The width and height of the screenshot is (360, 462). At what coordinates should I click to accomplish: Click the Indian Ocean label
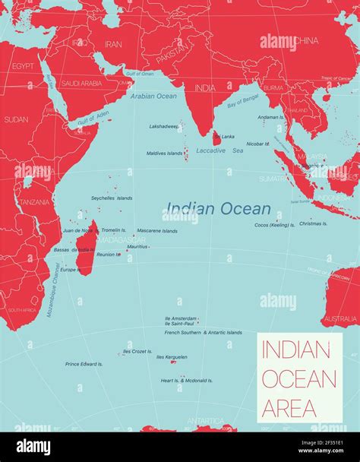(218, 208)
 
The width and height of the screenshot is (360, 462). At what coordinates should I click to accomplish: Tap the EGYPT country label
(23, 66)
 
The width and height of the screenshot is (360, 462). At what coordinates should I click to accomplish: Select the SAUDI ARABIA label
(81, 83)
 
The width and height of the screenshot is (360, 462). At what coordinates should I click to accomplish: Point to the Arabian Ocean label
(153, 96)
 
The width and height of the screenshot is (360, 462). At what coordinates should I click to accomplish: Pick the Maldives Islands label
(164, 153)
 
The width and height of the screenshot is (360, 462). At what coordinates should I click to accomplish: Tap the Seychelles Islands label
(112, 198)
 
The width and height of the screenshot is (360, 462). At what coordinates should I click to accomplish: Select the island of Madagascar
(87, 252)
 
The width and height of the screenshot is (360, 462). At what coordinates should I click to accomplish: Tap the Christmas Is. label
(314, 223)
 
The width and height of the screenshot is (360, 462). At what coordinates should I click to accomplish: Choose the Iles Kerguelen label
(172, 356)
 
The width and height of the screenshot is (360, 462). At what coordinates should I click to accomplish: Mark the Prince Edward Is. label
(84, 364)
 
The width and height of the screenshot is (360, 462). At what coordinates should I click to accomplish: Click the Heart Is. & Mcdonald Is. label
(187, 380)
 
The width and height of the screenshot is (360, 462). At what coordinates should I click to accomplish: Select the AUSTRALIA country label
(339, 318)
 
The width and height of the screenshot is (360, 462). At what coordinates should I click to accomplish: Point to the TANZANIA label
(34, 202)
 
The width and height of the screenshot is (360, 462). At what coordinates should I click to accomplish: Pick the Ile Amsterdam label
(181, 318)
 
